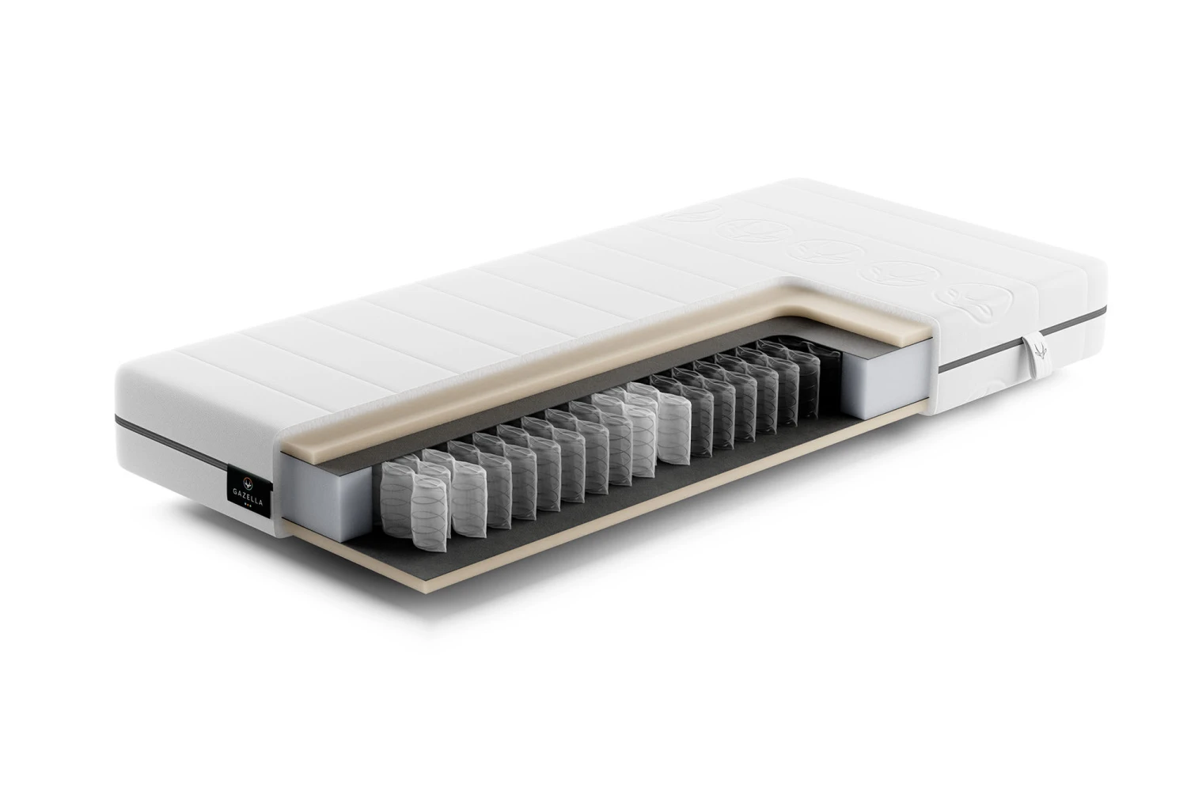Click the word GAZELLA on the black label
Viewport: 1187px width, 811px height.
[x=248, y=492]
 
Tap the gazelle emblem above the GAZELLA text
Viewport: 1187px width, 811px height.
[x=247, y=481]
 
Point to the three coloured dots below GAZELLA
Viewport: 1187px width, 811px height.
[x=247, y=504]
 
